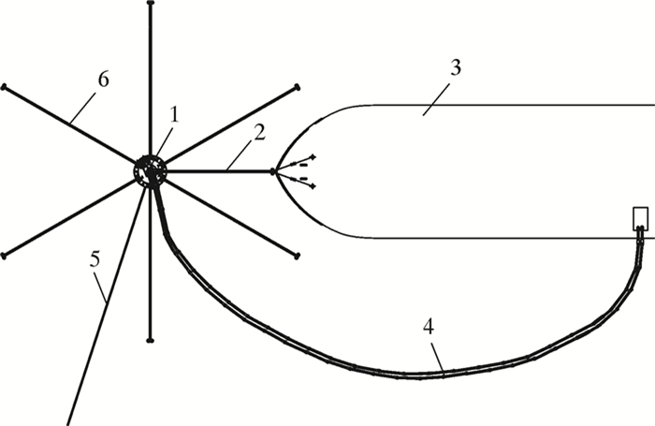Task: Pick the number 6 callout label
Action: [x=102, y=80]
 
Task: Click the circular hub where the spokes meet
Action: [x=150, y=171]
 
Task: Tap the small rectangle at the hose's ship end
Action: [x=641, y=218]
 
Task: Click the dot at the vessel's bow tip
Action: [x=273, y=171]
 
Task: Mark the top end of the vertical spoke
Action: [x=150, y=4]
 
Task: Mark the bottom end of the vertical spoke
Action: [x=150, y=340]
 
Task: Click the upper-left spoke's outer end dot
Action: [x=4, y=87]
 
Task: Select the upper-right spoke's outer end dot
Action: [x=297, y=87]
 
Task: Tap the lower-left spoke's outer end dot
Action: [x=4, y=255]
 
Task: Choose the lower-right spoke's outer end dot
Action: [x=297, y=255]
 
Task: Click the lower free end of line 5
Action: [x=68, y=424]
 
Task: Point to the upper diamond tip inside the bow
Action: [x=313, y=155]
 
